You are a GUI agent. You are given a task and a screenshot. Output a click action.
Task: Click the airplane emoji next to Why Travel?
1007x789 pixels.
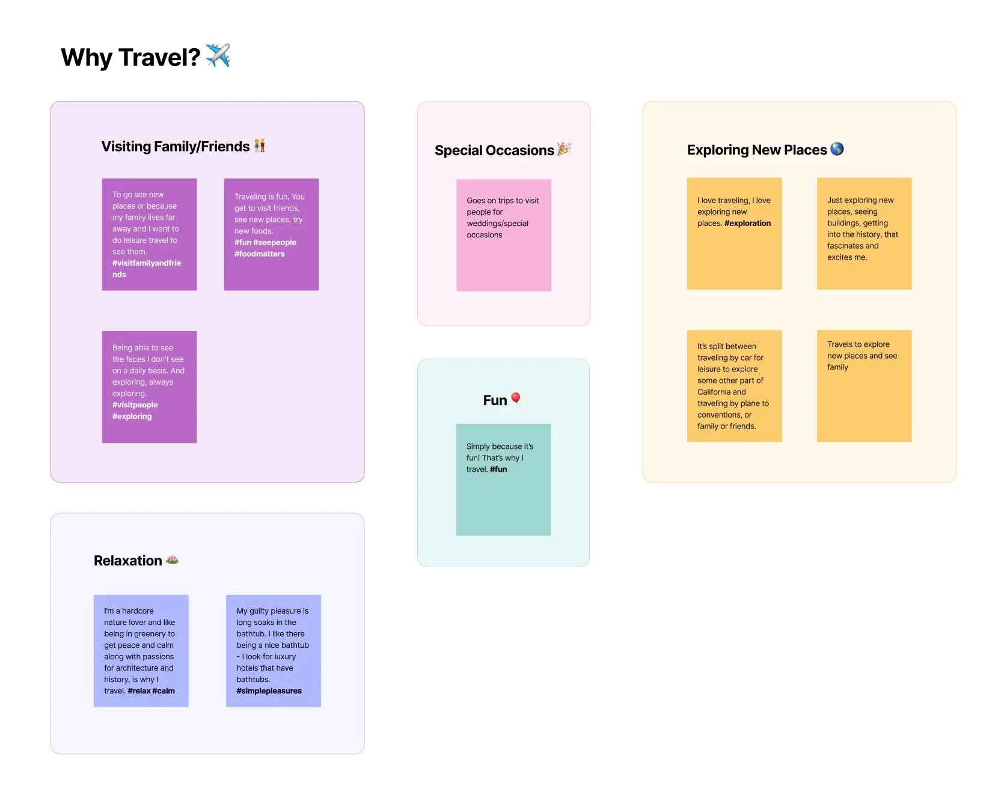(x=218, y=55)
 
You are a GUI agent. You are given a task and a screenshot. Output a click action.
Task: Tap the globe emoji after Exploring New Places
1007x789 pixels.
(x=837, y=149)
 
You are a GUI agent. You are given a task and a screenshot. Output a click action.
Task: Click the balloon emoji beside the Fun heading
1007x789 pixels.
(x=516, y=399)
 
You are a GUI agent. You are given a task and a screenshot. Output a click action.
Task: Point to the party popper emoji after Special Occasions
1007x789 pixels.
(x=564, y=148)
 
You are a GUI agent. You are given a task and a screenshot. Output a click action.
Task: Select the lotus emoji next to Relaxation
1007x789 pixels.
(x=172, y=559)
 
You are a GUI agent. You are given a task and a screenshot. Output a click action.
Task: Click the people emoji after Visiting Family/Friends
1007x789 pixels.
(x=260, y=145)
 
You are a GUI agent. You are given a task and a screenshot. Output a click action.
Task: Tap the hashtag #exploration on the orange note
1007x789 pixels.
(x=747, y=223)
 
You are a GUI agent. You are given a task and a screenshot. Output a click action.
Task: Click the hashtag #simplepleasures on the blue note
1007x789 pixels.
(x=269, y=691)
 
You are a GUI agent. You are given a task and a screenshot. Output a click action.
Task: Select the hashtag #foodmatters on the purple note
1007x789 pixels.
(x=259, y=254)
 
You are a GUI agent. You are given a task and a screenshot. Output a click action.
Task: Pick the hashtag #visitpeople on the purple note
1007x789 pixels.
(x=135, y=405)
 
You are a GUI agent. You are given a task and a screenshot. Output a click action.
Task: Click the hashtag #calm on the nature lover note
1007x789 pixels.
(x=164, y=691)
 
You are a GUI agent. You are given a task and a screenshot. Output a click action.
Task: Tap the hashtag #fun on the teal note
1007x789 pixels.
(x=498, y=469)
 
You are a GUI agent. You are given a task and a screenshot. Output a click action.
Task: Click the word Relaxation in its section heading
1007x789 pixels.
(x=127, y=561)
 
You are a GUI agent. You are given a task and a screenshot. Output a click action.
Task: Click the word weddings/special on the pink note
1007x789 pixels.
(x=497, y=224)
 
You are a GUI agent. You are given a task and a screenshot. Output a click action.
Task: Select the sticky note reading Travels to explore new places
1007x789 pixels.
(x=864, y=386)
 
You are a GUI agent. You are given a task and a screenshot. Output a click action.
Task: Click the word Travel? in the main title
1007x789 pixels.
(x=159, y=58)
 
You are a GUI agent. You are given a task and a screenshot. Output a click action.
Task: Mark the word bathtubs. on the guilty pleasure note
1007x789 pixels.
(x=253, y=680)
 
